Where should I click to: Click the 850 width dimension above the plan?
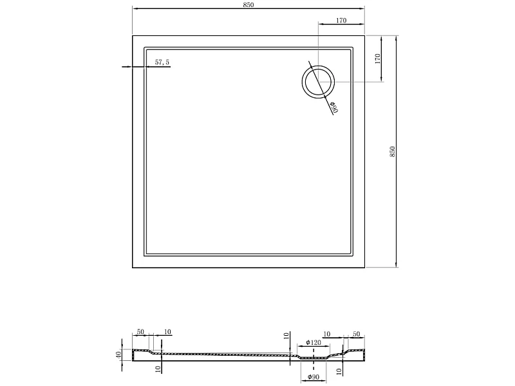(x=248, y=5)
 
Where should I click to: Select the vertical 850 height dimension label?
(x=392, y=152)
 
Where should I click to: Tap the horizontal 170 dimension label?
(x=341, y=21)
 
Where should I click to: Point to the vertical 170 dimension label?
(x=377, y=59)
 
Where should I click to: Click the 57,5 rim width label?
(x=162, y=62)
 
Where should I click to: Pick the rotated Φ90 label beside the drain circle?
(x=334, y=107)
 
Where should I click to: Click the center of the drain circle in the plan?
(x=318, y=82)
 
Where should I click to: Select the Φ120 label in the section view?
(x=314, y=343)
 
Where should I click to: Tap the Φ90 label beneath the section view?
(x=314, y=377)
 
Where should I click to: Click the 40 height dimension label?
(x=118, y=355)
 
